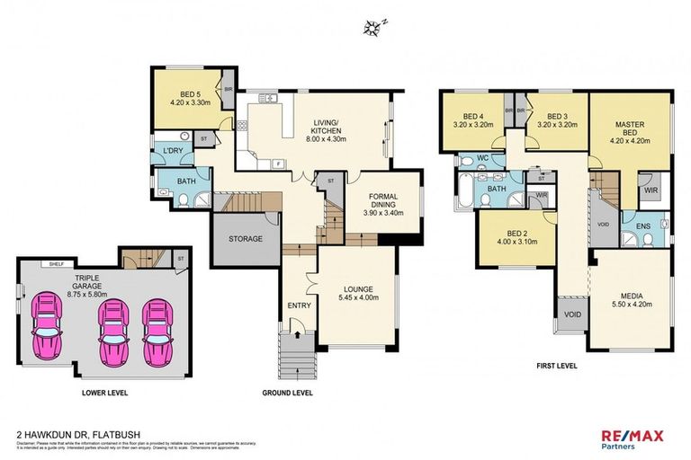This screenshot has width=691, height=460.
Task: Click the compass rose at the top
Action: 373,27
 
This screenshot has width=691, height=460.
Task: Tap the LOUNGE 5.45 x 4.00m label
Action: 358,294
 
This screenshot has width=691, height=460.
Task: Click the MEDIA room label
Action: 630,299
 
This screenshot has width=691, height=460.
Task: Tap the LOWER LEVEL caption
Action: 100,393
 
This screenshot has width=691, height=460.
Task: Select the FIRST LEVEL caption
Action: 557,365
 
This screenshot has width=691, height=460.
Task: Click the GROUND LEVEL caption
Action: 286,393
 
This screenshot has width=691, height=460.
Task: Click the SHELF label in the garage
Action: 57,264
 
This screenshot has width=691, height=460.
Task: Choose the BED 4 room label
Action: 473,121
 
